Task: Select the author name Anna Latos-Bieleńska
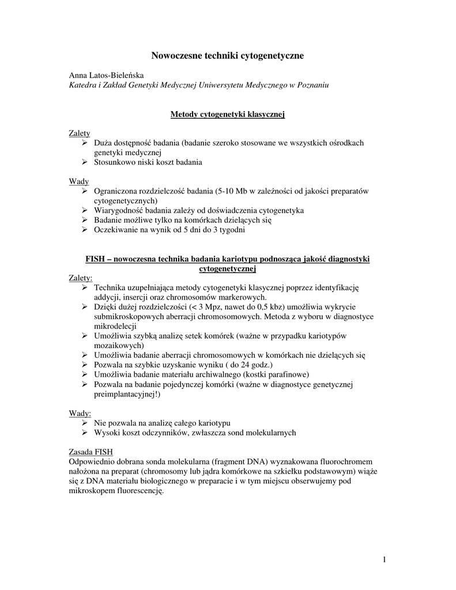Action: (x=107, y=75)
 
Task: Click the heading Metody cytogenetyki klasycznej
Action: (x=228, y=115)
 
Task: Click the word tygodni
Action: (x=231, y=230)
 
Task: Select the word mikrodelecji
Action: (x=115, y=326)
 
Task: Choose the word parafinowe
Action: (x=289, y=375)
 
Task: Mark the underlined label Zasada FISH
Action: (x=91, y=451)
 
